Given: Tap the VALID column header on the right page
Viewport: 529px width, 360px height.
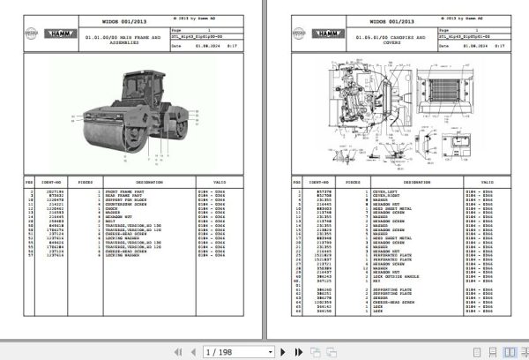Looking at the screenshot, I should point(487,182).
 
